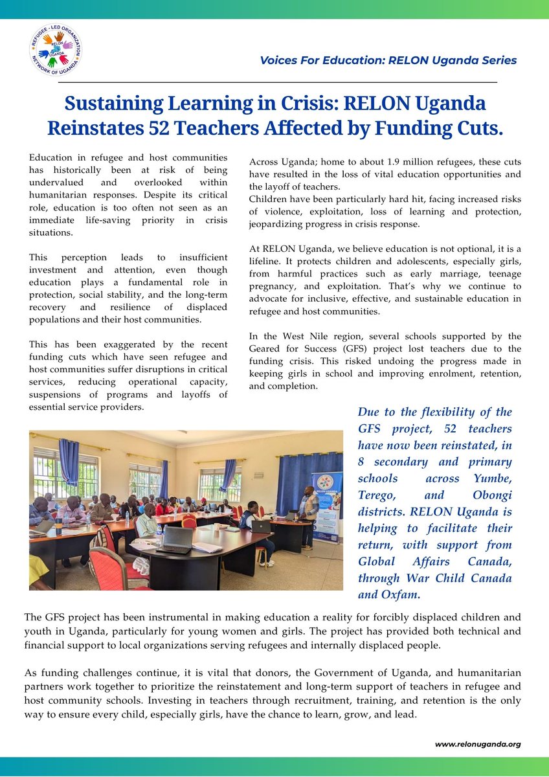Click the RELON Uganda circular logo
coord(55,50)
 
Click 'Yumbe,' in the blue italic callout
coord(495,479)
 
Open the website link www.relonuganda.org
coord(477,744)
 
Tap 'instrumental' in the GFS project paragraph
coord(174,618)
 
